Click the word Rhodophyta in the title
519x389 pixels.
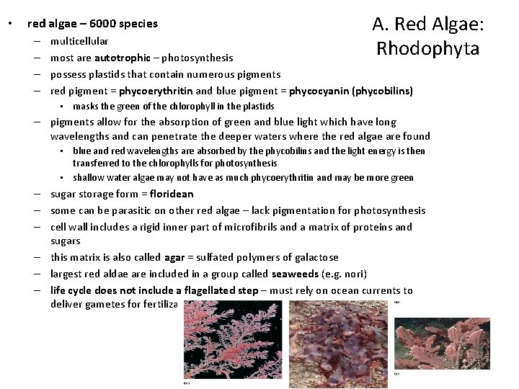[x=427, y=49]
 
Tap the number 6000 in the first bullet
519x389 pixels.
[x=89, y=23]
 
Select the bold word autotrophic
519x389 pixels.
[x=122, y=57]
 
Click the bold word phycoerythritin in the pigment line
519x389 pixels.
[x=156, y=91]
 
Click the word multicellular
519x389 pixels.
[x=79, y=41]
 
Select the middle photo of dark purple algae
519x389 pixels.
[x=340, y=339]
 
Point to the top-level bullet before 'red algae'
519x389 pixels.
[x=9, y=24]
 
